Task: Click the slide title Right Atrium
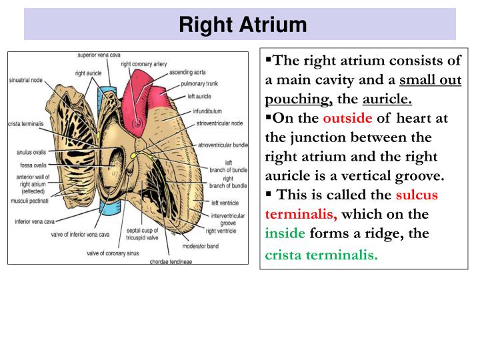coord(243,25)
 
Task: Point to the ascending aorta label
coord(187,72)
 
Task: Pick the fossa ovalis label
coord(29,165)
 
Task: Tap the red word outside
coord(348,119)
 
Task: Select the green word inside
coord(285,234)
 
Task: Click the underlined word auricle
coord(387,99)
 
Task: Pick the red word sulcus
coord(417,195)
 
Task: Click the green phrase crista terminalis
coord(321,255)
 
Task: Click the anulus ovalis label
coord(31,152)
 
